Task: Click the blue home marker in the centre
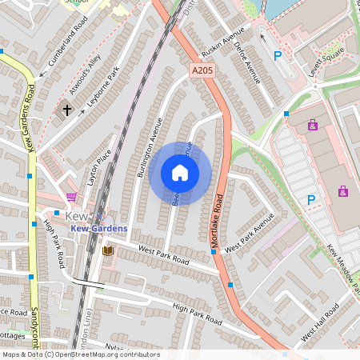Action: pyautogui.click(x=180, y=173)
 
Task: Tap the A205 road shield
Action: pyautogui.click(x=202, y=71)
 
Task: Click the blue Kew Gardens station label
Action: pyautogui.click(x=98, y=229)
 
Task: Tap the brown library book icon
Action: pyautogui.click(x=108, y=251)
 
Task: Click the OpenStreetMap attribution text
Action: pyautogui.click(x=81, y=354)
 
